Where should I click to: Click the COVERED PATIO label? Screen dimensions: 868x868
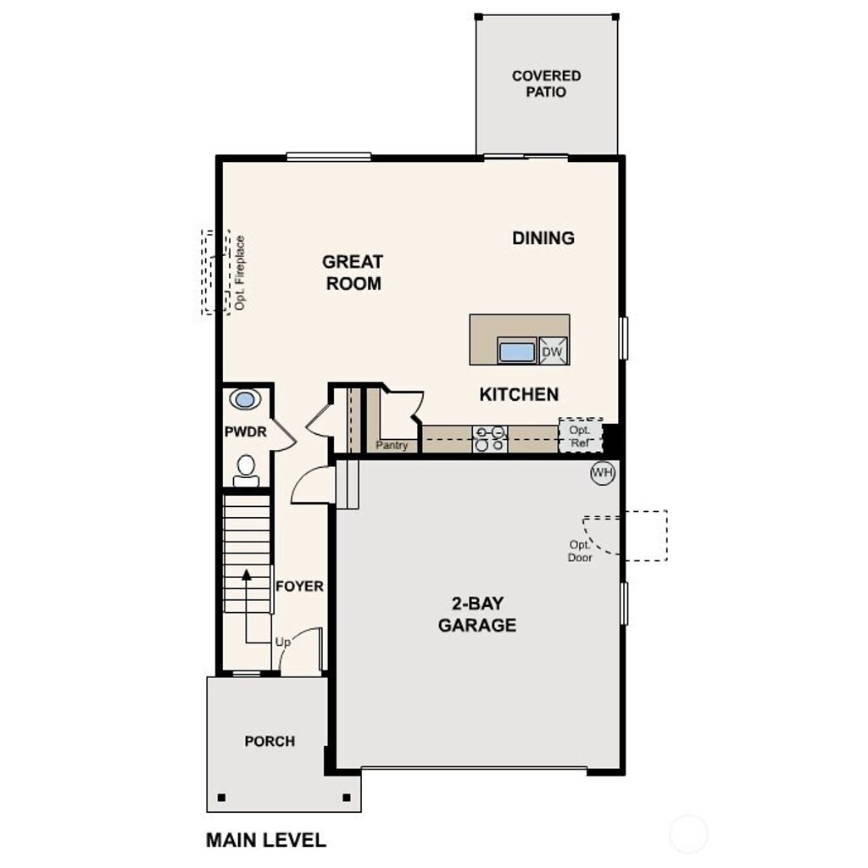pos(546,83)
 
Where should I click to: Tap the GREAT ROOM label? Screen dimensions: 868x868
pos(353,272)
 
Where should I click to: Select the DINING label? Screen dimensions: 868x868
pos(543,238)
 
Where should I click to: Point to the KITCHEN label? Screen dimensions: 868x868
pos(519,394)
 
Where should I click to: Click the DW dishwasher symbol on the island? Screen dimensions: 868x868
pos(552,351)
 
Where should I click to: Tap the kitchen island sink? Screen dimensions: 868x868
pos(517,351)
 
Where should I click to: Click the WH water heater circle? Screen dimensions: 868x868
pos(602,473)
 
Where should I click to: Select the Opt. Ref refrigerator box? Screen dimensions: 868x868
pos(581,436)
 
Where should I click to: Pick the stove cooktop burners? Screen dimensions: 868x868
pos(490,438)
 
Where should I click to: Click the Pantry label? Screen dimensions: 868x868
pos(392,445)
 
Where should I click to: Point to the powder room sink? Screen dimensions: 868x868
pos(246,399)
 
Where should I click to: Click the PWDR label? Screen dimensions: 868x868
pos(246,432)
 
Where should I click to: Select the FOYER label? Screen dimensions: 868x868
pos(300,586)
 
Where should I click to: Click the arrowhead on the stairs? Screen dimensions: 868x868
pos(246,574)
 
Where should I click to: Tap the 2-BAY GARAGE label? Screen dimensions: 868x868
pos(477,615)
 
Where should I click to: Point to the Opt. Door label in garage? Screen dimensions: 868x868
pos(580,551)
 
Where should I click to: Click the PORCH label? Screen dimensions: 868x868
pos(270,742)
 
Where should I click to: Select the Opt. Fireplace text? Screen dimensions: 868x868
pos(240,272)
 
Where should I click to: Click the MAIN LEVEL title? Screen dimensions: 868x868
pos(265,840)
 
